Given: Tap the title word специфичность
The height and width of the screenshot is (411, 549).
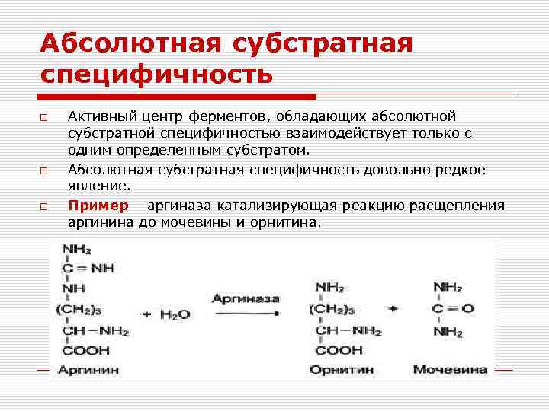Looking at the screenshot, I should [156, 75].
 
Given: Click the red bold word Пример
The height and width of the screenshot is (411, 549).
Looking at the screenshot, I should [95, 205].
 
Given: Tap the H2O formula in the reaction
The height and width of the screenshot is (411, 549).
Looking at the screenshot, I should [175, 314].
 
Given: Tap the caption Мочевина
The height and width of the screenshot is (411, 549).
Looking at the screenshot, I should [450, 370].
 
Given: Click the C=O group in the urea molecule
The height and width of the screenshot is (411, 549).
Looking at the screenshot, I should [453, 309].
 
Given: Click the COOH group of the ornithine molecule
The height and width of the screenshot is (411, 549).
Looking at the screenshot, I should [339, 350].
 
